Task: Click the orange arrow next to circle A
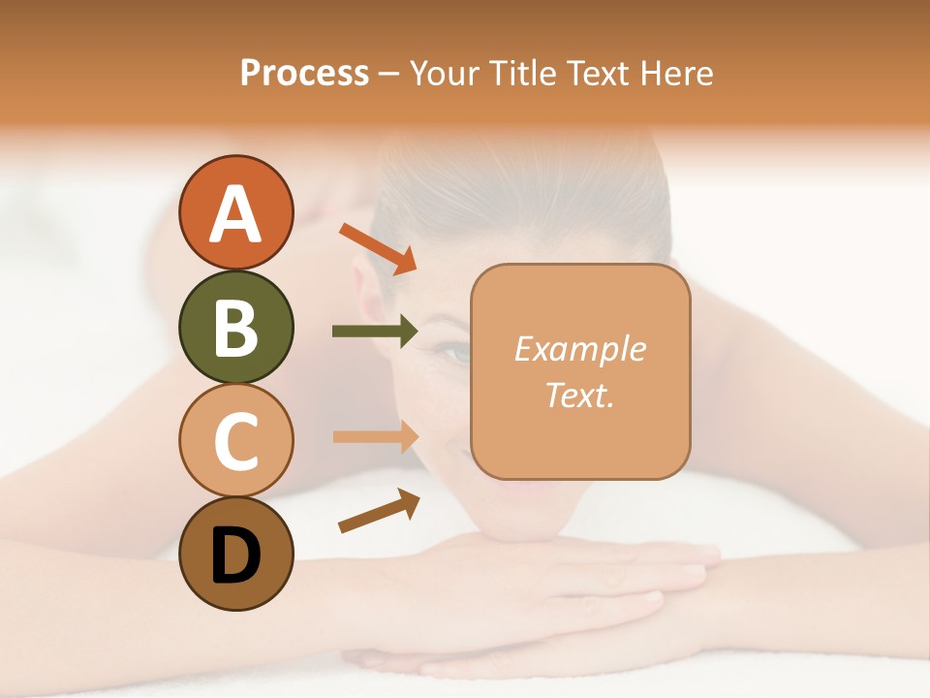[x=377, y=247]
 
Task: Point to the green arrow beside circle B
[x=375, y=332]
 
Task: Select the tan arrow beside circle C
[x=375, y=436]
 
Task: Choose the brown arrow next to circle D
[x=378, y=511]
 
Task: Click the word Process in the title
[x=304, y=73]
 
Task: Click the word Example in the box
[x=579, y=349]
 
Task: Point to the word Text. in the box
[x=579, y=395]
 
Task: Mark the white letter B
[x=235, y=327]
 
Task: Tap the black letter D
[x=235, y=555]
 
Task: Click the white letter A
[x=235, y=213]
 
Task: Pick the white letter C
[x=235, y=441]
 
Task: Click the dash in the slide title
[x=389, y=74]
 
